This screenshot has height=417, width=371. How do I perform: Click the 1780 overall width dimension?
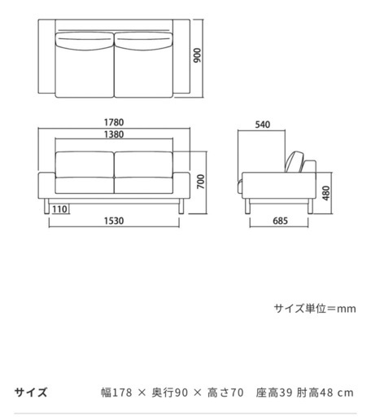pos(114,122)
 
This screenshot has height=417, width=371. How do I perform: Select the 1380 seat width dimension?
pos(114,134)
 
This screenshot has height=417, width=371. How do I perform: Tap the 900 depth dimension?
pos(198,55)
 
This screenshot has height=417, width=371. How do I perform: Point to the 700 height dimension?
pos(201,182)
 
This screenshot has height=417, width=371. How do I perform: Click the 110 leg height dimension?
pos(59,209)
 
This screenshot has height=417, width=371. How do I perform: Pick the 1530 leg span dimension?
pos(114,221)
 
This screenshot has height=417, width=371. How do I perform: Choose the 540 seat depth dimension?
pos(263,125)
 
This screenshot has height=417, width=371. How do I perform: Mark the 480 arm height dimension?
pos(326,193)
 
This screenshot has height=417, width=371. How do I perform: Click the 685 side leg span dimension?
pos(280,221)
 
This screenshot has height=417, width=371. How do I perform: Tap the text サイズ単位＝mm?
pos(315,309)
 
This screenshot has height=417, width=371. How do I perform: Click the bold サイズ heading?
pos(31,393)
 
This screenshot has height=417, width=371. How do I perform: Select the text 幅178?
pos(116,393)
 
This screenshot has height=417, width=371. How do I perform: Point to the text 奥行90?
pos(170,393)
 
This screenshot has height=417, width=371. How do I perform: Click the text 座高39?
pos(274,393)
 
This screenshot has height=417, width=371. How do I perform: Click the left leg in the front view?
pos(46,206)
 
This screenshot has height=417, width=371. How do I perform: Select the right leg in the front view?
pos(181,206)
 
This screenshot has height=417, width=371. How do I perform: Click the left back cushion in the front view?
pos(85,165)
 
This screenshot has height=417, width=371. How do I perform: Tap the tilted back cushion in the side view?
pos(295,162)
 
